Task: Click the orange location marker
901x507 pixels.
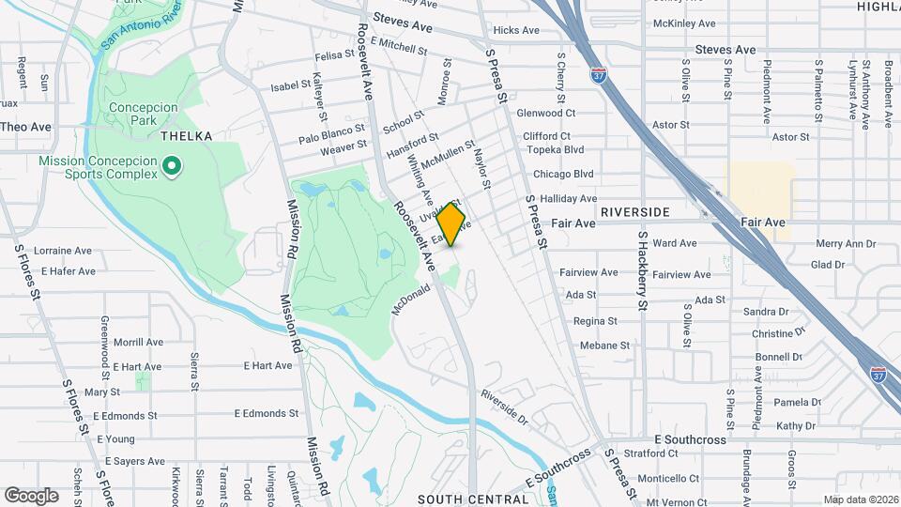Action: point(451,225)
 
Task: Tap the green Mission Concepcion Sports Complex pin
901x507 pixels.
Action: point(171,167)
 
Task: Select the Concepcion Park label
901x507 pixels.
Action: point(143,115)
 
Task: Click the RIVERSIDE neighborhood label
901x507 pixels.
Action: point(636,212)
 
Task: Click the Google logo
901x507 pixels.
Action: point(31,496)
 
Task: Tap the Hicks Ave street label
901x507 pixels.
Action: point(516,30)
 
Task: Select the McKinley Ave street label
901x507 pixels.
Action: point(683,23)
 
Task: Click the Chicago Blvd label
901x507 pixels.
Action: point(563,174)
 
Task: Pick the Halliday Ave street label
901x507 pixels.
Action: point(568,199)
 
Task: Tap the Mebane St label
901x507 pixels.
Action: point(604,346)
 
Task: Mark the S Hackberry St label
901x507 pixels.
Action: point(642,273)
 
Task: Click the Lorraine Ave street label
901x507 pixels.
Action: point(63,251)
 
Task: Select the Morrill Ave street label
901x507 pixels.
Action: point(138,343)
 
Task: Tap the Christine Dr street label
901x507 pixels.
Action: point(779,333)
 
